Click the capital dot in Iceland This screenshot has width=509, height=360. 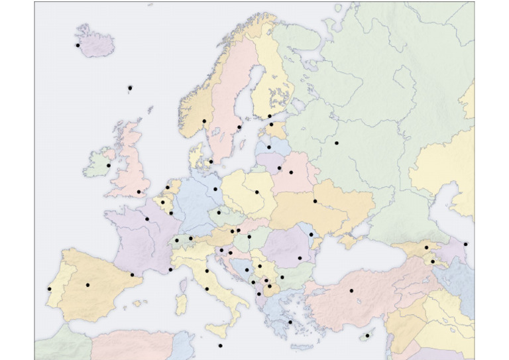coord(78,45)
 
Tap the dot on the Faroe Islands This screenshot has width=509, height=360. coord(130,88)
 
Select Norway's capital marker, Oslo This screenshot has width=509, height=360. coord(203,121)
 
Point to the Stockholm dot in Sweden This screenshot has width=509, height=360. coord(239,127)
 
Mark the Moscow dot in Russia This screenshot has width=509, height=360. coord(336,143)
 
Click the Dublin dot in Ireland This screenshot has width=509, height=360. coord(109,165)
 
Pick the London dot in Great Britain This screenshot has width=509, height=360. coord(139,192)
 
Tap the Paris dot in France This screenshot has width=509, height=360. coord(147,218)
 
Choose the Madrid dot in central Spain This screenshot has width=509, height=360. coord(87,284)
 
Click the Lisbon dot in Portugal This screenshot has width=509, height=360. coord(50,289)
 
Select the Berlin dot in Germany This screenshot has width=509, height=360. coord(215,189)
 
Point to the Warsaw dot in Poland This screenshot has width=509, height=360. coord(257,192)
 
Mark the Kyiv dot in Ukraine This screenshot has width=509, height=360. coord(315,201)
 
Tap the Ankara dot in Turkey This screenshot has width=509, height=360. coord(351,290)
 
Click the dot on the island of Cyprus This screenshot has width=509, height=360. coord(367,335)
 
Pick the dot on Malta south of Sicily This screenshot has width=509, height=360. coord(220,345)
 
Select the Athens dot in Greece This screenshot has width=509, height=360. coord(290,322)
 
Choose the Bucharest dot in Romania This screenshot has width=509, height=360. coord(300,258)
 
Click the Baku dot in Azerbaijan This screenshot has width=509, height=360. coord(466,244)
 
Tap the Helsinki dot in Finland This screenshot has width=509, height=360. coord(269,116)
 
